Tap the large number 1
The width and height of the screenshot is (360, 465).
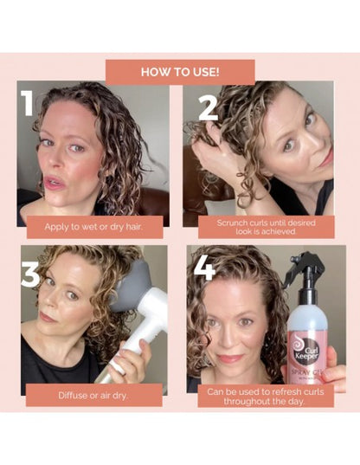click(29, 102)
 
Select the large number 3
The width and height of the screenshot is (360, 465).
click(30, 274)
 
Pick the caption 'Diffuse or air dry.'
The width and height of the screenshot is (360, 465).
click(93, 394)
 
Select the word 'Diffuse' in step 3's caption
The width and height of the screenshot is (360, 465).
click(74, 394)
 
